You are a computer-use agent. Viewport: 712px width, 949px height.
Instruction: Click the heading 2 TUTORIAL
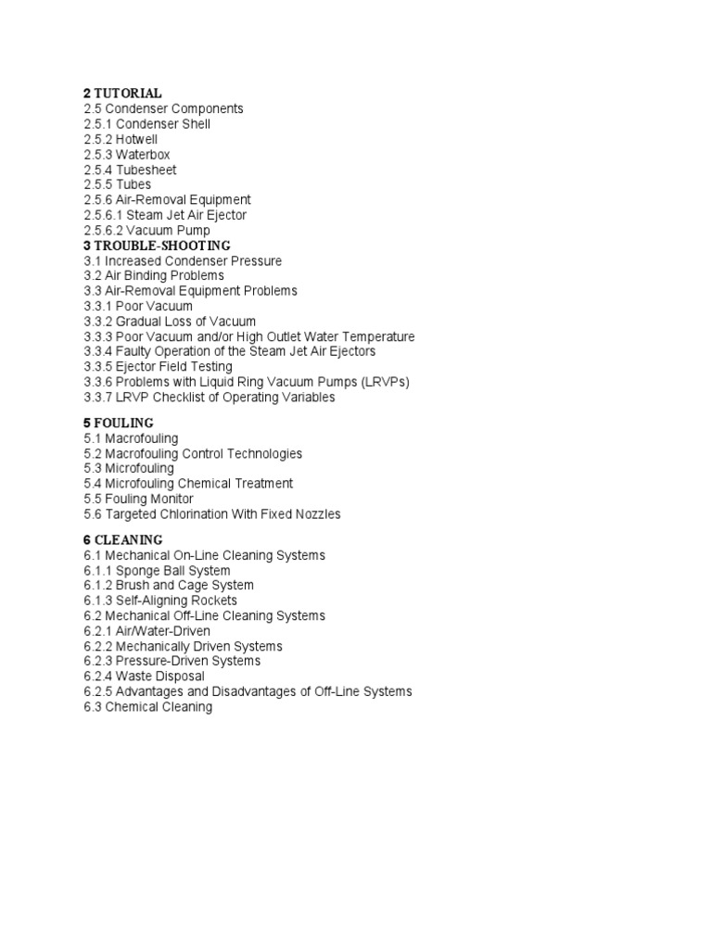pyautogui.click(x=122, y=94)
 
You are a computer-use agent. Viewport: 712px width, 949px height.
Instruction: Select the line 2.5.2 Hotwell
pyautogui.click(x=121, y=139)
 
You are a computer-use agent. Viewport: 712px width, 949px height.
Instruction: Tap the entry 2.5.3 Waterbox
pyautogui.click(x=127, y=155)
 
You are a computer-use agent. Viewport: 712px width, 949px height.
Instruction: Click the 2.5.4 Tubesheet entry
pyautogui.click(x=130, y=170)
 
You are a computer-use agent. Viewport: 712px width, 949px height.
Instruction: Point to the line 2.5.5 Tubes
pyautogui.click(x=118, y=184)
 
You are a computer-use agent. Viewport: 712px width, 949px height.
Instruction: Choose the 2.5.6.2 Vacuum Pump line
pyautogui.click(x=146, y=230)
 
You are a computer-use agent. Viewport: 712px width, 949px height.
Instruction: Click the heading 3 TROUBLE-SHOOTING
pyautogui.click(x=157, y=246)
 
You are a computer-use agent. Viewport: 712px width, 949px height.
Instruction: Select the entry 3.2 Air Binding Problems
pyautogui.click(x=154, y=275)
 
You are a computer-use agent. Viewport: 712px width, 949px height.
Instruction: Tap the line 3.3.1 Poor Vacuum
pyautogui.click(x=138, y=306)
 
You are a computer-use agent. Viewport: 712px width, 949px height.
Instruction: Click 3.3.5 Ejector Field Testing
pyautogui.click(x=158, y=367)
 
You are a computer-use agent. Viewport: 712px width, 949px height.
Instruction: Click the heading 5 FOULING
pyautogui.click(x=119, y=424)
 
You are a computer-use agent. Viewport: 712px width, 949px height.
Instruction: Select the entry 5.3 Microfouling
pyautogui.click(x=129, y=468)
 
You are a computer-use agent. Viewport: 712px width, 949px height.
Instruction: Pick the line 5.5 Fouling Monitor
pyautogui.click(x=138, y=499)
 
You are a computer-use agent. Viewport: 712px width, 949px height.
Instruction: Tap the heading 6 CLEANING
pyautogui.click(x=123, y=540)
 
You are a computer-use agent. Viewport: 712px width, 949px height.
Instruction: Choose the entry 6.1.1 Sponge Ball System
pyautogui.click(x=157, y=570)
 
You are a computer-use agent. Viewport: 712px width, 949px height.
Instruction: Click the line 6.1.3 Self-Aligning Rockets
pyautogui.click(x=160, y=601)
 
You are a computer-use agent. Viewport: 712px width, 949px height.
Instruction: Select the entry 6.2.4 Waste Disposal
pyautogui.click(x=144, y=677)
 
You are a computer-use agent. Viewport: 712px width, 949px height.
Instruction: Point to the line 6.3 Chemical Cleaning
pyautogui.click(x=147, y=707)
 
